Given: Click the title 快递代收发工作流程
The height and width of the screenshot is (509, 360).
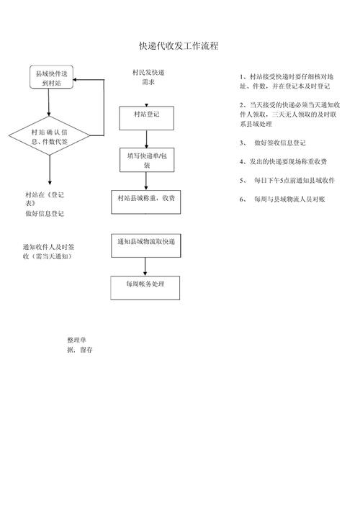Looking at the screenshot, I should pos(179,46).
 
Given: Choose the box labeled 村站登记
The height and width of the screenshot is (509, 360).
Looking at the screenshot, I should pos(146,114).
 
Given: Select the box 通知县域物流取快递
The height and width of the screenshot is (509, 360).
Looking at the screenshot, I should pos(146,243).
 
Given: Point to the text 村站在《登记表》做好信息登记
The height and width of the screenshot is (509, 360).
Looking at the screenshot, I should pos(45,204).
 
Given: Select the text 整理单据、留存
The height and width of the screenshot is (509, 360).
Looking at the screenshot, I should pos(79,344).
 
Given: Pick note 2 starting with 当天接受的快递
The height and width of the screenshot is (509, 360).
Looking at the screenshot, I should pos(282,114).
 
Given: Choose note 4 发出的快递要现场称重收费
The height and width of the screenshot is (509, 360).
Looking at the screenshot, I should pos(282,161).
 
